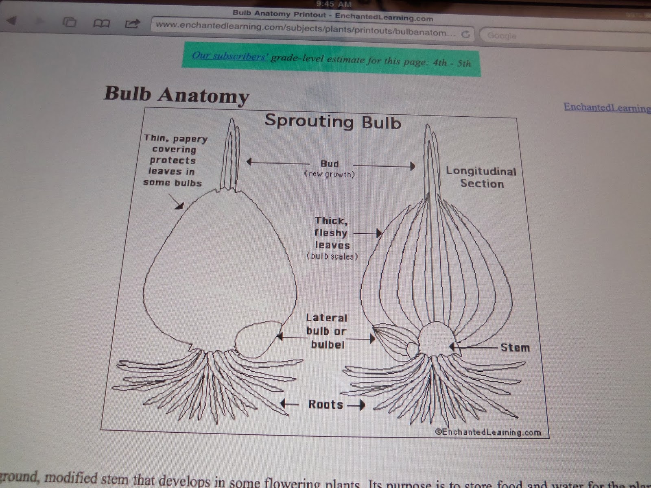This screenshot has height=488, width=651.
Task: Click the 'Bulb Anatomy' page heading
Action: point(177,95)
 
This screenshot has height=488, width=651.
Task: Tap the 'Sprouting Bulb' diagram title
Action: point(332,122)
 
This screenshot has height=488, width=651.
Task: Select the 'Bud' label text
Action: point(329,164)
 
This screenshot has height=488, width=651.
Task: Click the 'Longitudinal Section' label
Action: point(481,177)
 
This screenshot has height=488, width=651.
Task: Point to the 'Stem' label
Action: point(515,348)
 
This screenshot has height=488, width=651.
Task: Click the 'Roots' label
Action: point(325,404)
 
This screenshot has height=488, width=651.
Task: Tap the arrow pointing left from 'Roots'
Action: point(289,404)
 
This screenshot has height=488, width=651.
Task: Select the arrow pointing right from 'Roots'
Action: point(356,405)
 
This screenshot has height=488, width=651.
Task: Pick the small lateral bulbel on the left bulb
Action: point(258,339)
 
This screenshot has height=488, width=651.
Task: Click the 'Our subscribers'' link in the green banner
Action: point(229,56)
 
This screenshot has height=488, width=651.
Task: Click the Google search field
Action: point(561,36)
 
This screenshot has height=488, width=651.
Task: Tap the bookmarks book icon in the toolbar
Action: point(101,24)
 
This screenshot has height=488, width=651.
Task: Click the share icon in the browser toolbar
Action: point(132,24)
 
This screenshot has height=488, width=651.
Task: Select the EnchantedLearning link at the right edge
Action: point(606,108)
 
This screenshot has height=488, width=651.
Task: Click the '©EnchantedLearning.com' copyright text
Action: point(488,432)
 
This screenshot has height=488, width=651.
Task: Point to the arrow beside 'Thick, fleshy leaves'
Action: point(367,233)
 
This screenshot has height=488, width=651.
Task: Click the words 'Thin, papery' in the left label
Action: point(176,139)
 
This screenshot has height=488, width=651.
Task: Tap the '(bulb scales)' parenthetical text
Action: point(332,256)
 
